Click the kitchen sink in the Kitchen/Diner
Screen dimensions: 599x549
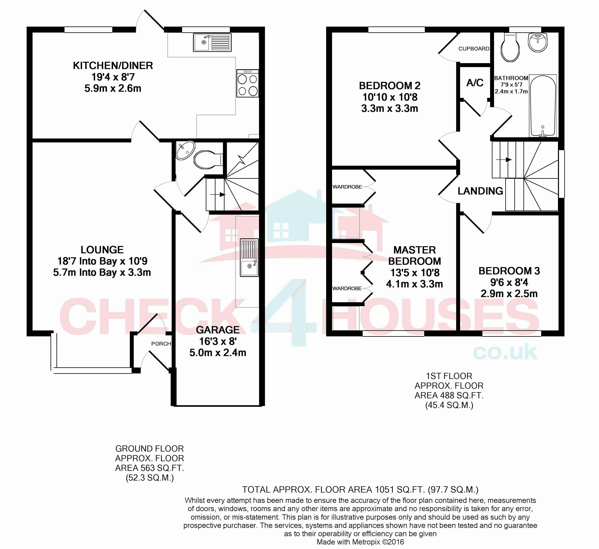[x=212, y=42]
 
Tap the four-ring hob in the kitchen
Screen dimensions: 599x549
[x=247, y=83]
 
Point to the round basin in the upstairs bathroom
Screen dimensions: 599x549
[x=538, y=42]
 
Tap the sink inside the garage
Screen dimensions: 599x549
[x=249, y=258]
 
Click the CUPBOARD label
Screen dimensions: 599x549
[x=474, y=49]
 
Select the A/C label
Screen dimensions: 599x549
[x=475, y=83]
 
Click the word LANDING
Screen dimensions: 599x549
[x=480, y=191]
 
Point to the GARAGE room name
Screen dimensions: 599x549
[x=218, y=330]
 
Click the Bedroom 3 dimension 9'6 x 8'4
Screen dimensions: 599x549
[x=509, y=282]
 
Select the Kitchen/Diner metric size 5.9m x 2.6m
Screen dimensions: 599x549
[x=113, y=89]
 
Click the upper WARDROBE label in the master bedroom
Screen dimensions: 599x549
[x=347, y=187]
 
